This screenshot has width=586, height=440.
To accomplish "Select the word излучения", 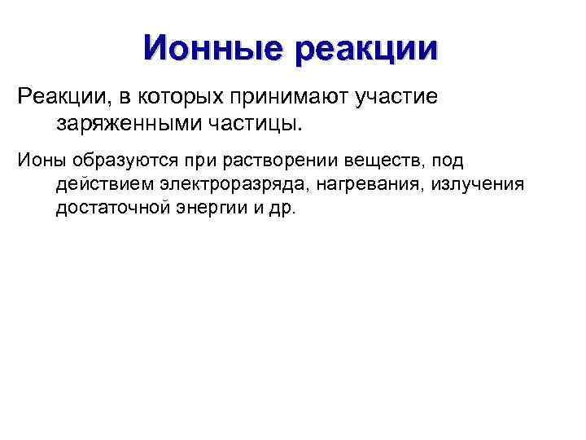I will [478, 185].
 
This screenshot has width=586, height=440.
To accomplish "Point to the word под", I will [448, 161].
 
